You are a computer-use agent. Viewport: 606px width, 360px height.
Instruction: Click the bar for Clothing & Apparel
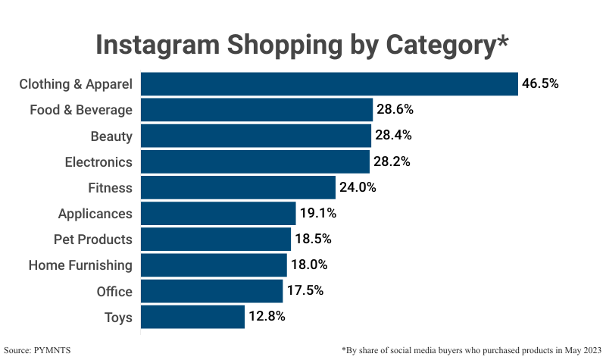[330, 84]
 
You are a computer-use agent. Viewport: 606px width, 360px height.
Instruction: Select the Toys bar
[193, 317]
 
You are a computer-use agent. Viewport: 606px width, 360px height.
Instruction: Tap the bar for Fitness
[238, 188]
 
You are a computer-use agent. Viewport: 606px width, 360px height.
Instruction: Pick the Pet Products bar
[216, 239]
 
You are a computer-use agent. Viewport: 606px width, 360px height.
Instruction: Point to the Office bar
[211, 291]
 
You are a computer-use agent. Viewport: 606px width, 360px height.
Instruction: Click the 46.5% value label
[540, 84]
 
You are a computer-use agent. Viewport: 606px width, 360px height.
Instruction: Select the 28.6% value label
[395, 110]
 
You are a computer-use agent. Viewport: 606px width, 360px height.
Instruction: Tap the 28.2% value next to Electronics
[392, 161]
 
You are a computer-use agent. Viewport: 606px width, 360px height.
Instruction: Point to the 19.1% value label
[317, 214]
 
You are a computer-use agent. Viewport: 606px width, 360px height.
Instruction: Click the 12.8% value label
[267, 317]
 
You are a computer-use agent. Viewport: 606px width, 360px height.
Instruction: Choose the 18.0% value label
[309, 265]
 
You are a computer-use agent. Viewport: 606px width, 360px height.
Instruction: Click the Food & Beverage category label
[81, 110]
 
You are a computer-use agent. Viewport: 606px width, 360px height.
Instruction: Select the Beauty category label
[111, 136]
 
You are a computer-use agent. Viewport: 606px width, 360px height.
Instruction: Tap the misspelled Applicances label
[95, 214]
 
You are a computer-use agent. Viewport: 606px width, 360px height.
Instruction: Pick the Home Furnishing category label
[80, 265]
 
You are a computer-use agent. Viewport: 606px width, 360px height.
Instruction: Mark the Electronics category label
[98, 161]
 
